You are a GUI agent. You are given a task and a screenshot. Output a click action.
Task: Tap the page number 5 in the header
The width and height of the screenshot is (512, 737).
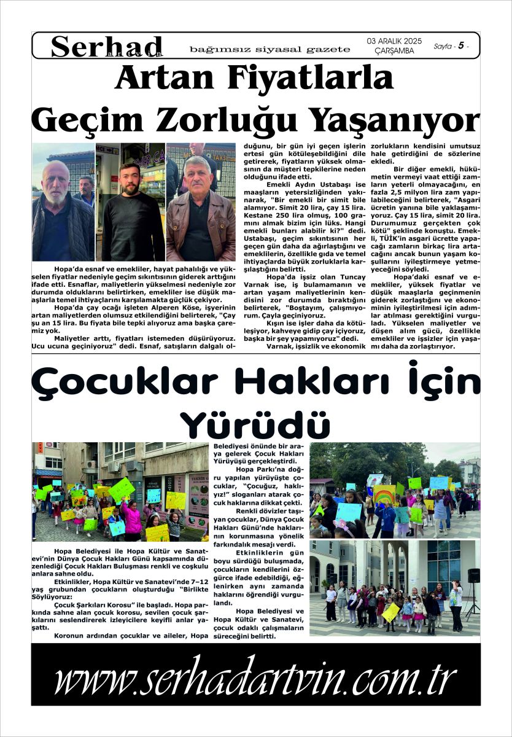click(x=460, y=46)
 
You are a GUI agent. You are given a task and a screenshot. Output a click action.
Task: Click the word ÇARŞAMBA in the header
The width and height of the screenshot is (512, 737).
click(x=394, y=51)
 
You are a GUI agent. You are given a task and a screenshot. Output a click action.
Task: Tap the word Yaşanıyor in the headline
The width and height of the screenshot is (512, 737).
click(x=395, y=118)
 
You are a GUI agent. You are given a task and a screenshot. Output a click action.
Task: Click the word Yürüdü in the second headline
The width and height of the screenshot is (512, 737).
click(x=255, y=424)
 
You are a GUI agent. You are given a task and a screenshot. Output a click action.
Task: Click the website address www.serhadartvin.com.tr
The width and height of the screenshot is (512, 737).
click(x=255, y=680)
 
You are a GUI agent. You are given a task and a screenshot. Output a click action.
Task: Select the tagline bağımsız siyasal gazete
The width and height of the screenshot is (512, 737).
click(x=270, y=49)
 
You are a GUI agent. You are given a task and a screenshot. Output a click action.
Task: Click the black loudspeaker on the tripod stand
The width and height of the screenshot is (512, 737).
click(x=473, y=575)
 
